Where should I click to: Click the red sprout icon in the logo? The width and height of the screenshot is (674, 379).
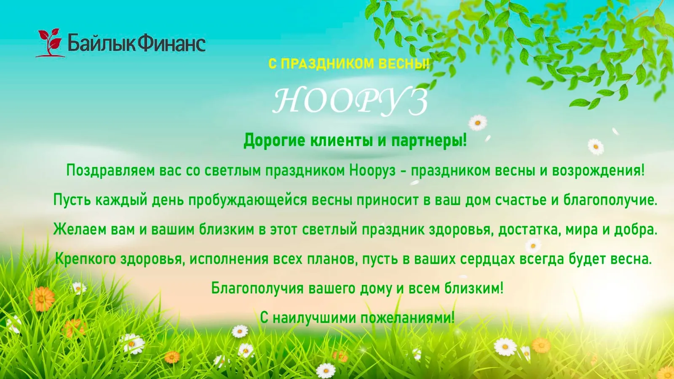[50, 43]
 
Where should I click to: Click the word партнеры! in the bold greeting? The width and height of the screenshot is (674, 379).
[429, 141]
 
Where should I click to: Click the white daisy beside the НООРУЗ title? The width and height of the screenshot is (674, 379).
[478, 123]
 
